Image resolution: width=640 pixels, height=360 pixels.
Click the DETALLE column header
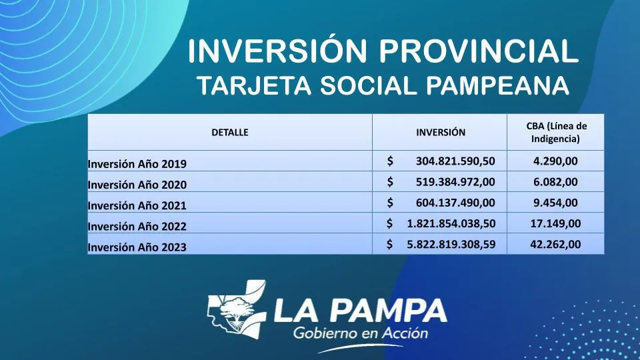[229, 132]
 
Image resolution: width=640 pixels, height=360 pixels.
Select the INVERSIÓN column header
[441, 132]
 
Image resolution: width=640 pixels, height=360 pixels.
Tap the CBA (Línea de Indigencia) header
[556, 132]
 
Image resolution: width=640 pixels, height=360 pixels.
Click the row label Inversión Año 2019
[137, 163]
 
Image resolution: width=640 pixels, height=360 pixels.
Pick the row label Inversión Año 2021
[137, 205]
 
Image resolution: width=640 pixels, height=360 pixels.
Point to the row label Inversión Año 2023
[137, 247]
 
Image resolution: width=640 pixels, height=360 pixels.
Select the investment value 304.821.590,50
[455, 161]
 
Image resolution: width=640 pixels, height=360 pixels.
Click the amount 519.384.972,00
[455, 181]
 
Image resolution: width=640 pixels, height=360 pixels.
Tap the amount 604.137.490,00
[455, 203]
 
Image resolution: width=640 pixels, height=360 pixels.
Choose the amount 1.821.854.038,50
[451, 223]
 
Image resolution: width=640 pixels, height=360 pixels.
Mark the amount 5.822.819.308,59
[451, 244]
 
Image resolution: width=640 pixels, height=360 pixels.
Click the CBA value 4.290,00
[555, 161]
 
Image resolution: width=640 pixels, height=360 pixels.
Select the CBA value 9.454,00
[555, 203]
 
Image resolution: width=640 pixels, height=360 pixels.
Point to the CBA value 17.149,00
[555, 223]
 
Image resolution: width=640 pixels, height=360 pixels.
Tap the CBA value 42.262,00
[555, 244]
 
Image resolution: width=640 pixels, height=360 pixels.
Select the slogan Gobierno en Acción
[361, 333]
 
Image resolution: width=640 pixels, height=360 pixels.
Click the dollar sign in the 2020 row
[390, 181]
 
